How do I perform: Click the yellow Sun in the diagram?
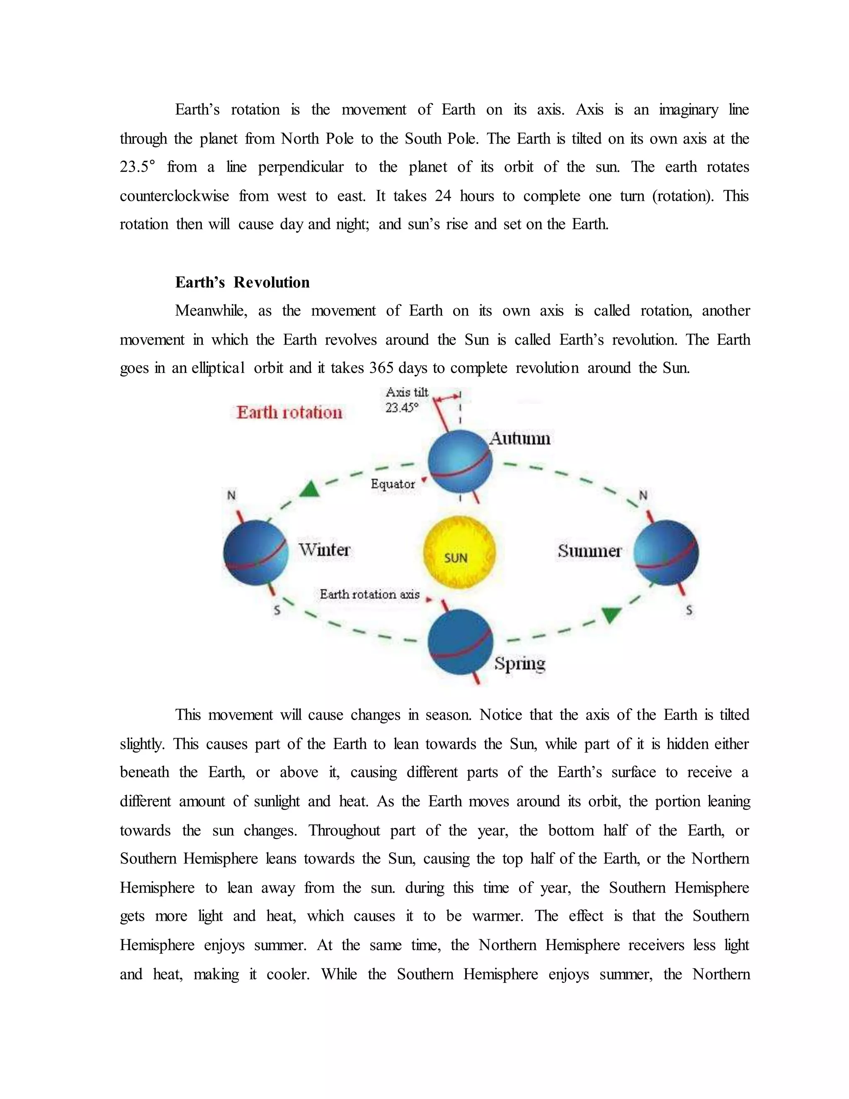(x=459, y=552)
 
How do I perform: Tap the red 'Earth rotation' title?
(x=289, y=413)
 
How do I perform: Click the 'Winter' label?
(x=325, y=549)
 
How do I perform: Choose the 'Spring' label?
(x=519, y=663)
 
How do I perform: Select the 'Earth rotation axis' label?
(x=369, y=594)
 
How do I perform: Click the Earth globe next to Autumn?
(x=460, y=462)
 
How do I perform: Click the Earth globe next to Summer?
(x=666, y=552)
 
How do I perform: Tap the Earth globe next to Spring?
(x=460, y=642)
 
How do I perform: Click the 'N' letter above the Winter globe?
(x=231, y=495)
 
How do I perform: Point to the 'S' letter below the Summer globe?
(x=689, y=610)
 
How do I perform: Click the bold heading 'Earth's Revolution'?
(x=242, y=282)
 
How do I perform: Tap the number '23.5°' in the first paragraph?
(x=137, y=167)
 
